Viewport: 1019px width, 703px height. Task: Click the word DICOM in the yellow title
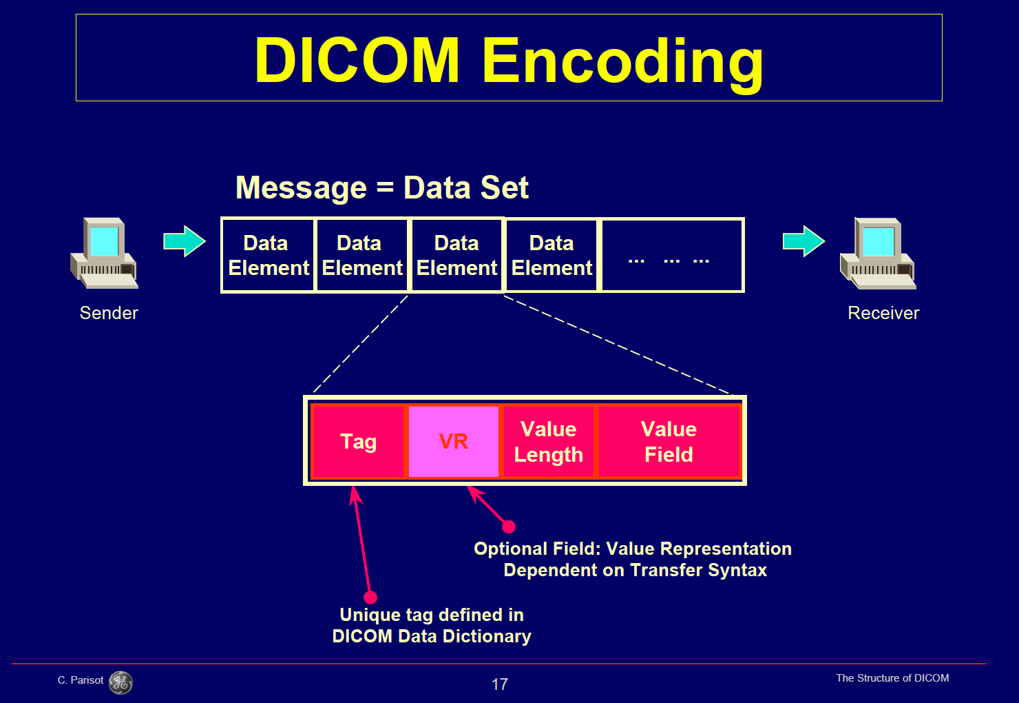tap(357, 61)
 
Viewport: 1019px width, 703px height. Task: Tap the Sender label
tap(109, 313)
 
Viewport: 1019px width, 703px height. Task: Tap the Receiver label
tap(883, 313)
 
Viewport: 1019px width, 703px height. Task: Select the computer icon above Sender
tap(104, 253)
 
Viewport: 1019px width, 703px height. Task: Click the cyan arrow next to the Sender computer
tap(185, 241)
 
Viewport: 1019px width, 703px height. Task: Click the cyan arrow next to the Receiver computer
tap(803, 241)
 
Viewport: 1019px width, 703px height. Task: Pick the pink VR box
tap(453, 441)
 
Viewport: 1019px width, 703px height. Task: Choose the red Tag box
tap(358, 441)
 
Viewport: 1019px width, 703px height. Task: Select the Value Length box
tap(548, 441)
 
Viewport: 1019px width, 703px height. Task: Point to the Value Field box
tap(669, 441)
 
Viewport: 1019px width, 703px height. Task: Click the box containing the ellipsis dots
tap(672, 256)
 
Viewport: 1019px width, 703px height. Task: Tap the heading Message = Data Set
tap(382, 187)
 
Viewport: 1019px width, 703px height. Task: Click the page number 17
tap(500, 684)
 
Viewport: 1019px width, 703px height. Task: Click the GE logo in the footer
tap(121, 682)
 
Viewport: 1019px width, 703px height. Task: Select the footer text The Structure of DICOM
tap(892, 678)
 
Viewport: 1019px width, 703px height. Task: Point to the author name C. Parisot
tap(81, 680)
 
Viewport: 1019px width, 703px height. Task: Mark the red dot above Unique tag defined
tap(370, 597)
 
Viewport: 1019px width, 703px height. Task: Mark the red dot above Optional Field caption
tap(509, 527)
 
